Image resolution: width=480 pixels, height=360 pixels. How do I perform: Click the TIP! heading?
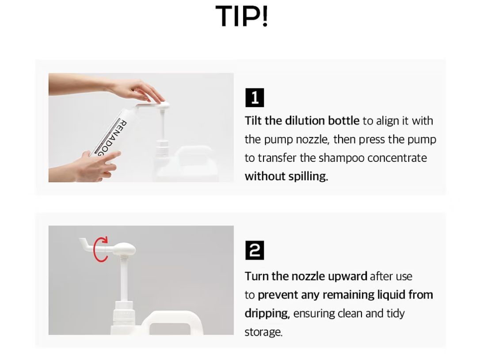[x=241, y=16]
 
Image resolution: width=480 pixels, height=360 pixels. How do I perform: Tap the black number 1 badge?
[x=255, y=98]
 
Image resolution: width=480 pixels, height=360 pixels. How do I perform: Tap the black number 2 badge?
[x=255, y=250]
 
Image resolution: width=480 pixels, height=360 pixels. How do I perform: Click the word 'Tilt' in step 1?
[x=253, y=121]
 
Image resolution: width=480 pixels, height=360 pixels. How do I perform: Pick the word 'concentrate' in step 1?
[x=397, y=158]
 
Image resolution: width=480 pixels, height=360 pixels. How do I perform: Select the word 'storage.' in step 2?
[x=263, y=332]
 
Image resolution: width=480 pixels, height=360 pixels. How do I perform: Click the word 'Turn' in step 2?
[x=256, y=277]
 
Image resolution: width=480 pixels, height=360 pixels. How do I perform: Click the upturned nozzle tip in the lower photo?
[x=82, y=241]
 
